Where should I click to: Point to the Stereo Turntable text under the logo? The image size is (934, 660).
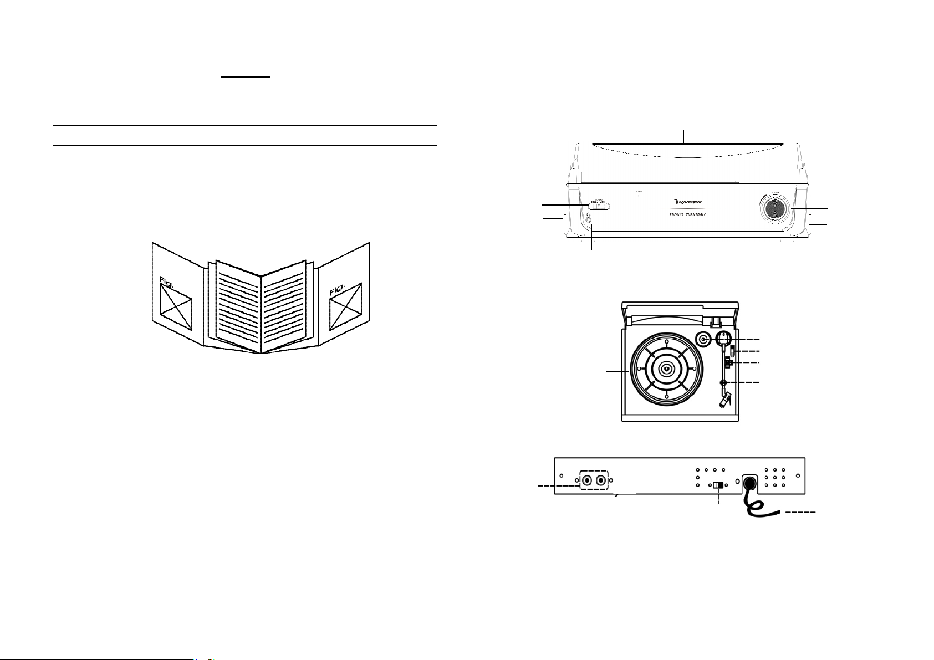[687, 214]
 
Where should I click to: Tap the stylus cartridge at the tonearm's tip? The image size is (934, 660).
[724, 400]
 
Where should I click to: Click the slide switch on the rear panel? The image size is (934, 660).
[719, 485]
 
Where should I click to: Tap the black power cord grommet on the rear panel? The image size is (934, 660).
[750, 482]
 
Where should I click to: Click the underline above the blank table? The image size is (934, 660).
[245, 77]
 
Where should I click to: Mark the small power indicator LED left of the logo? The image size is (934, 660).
[638, 196]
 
